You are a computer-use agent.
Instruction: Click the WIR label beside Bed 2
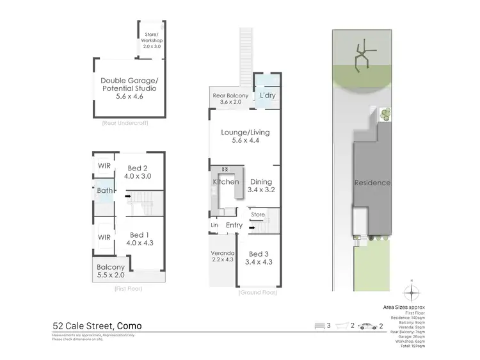point(104,166)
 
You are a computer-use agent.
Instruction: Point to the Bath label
point(104,190)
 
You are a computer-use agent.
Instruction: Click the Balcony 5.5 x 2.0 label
point(110,271)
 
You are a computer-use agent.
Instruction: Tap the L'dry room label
point(266,96)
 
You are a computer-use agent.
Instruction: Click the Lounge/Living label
point(245,136)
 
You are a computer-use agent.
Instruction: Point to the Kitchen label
point(225,182)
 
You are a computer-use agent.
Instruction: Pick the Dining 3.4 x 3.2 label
point(262,186)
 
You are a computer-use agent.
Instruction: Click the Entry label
point(234,225)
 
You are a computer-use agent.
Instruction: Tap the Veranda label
point(222,257)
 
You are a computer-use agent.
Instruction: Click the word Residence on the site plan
point(372,183)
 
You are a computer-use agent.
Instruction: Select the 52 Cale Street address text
point(97,326)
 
